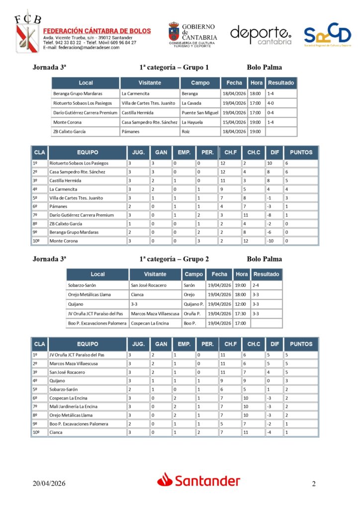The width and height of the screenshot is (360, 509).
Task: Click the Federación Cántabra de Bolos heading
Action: coord(97,31)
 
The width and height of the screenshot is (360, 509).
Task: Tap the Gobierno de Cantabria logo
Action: coord(192,35)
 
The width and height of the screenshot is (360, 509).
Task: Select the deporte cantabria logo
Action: coord(261,35)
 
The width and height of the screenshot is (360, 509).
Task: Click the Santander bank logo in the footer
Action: coord(199,481)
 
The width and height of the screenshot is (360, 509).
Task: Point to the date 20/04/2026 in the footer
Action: coord(49,484)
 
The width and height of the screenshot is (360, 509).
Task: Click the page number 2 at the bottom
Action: coord(314,484)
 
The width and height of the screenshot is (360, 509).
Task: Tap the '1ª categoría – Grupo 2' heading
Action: coord(174,259)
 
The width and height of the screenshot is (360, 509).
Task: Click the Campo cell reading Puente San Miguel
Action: coord(200,112)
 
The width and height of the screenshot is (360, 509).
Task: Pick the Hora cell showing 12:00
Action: coord(241,304)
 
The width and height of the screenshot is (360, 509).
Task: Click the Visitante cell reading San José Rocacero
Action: coord(149,285)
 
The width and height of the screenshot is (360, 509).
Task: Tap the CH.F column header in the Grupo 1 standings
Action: coord(230,152)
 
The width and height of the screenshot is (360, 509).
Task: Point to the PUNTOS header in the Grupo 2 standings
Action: coord(301,344)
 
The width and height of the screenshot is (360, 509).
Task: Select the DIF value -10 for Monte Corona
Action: coord(273,241)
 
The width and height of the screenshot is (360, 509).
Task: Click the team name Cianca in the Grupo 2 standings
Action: coord(56,432)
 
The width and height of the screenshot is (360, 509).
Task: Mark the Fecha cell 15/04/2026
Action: coord(234,122)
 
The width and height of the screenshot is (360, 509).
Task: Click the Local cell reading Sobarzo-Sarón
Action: coord(82,285)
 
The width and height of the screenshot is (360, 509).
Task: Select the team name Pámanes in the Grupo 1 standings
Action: coord(58,206)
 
